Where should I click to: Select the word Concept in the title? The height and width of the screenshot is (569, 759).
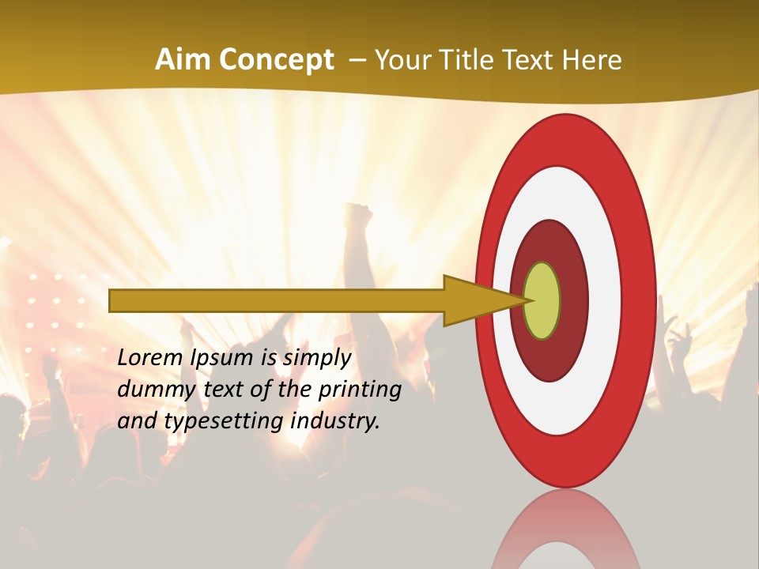(277, 59)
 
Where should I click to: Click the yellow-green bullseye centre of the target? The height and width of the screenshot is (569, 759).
(542, 300)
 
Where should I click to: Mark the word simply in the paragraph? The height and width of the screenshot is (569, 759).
(316, 359)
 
